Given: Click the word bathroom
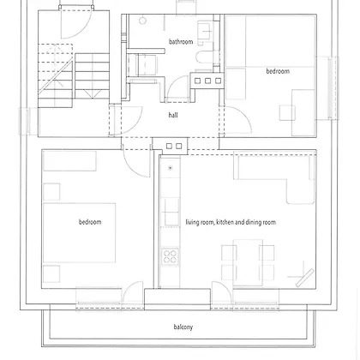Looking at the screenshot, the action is point(181,42).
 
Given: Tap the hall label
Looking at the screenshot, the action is point(173,115).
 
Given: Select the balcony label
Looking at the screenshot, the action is point(183,327).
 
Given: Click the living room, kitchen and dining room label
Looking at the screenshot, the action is point(231,222).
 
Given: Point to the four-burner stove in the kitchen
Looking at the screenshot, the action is point(170,256).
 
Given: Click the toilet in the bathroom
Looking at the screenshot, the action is point(205,57).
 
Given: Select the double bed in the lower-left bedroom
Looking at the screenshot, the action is point(80,233).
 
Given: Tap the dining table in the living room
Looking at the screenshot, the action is point(248,262).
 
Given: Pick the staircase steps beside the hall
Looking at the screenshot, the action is point(74,75).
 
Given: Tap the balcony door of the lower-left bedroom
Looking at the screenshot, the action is point(133,294).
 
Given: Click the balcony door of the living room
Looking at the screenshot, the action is point(222,294).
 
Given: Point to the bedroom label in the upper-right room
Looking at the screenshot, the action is point(278,71).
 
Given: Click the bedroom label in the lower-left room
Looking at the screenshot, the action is point(90,222).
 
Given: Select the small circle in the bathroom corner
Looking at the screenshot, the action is point(142,21).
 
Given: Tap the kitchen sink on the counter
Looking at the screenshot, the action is point(171,212).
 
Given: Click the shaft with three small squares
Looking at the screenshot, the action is point(207,81).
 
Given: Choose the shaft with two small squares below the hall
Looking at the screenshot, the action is point(174,147).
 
